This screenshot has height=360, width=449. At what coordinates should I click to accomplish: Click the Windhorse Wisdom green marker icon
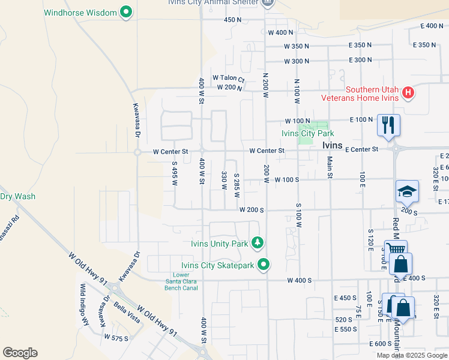point(126,12)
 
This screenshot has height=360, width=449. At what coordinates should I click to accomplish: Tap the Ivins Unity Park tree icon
point(258,243)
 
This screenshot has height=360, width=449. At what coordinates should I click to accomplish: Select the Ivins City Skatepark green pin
point(264,265)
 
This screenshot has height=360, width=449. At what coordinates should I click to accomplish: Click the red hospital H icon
point(408,92)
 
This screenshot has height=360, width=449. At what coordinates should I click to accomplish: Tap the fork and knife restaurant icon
point(388,125)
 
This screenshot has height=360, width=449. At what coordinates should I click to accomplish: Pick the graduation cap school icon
point(407,191)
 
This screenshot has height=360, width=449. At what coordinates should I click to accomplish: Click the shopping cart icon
point(395,250)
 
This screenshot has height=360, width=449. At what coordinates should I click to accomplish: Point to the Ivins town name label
point(332,145)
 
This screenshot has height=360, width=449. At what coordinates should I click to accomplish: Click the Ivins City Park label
point(308,134)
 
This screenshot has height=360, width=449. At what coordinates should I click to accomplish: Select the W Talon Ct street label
point(229,78)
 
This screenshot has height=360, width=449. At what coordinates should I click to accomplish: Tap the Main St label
point(330,167)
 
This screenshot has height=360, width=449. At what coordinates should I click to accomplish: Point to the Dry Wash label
point(17,196)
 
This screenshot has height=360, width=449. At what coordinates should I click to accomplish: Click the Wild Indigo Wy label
point(85,304)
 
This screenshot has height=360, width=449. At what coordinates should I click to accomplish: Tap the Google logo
point(20,352)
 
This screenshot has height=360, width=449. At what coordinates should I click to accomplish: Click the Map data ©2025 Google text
point(412,355)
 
